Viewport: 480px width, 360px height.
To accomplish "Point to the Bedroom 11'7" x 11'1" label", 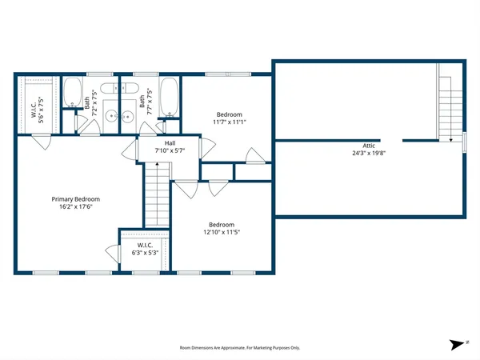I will pyautogui.click(x=229, y=118).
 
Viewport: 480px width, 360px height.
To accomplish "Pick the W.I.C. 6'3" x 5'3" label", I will pyautogui.click(x=145, y=249).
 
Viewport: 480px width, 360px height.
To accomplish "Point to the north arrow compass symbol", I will pyautogui.click(x=457, y=343).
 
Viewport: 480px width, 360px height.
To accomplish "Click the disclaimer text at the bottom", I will pyautogui.click(x=239, y=348).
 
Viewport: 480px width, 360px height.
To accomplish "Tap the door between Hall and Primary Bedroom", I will pyautogui.click(x=128, y=152).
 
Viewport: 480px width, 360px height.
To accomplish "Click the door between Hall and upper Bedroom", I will pyautogui.click(x=207, y=146).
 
